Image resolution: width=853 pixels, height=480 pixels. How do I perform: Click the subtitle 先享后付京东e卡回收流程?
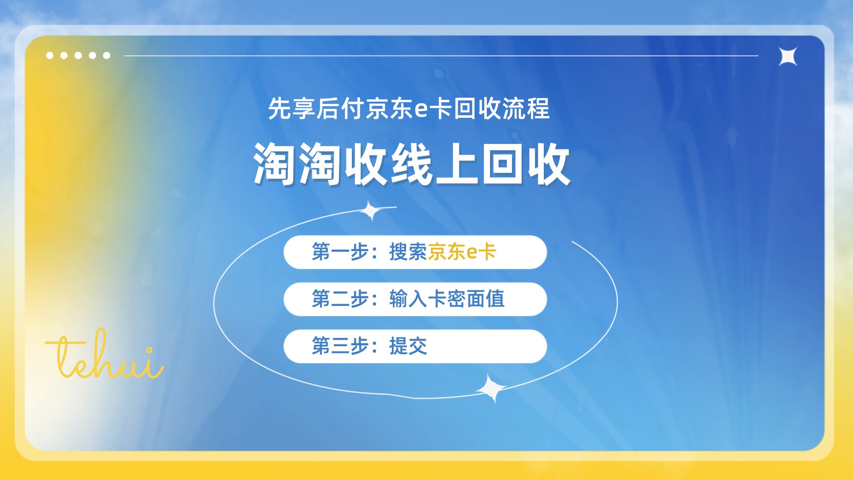(x=409, y=108)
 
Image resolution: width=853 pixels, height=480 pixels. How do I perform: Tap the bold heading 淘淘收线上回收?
(x=411, y=164)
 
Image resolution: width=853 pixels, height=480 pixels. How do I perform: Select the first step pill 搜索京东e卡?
(x=415, y=252)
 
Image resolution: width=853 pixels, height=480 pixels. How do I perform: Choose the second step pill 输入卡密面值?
(x=415, y=299)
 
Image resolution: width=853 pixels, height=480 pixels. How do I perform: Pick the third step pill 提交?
(x=415, y=346)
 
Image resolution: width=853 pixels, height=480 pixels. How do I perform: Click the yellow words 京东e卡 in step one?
(x=462, y=252)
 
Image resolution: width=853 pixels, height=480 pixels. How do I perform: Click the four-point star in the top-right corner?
(x=788, y=56)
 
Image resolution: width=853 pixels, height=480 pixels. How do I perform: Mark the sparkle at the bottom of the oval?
(x=492, y=388)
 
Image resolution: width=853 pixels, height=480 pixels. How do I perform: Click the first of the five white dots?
(x=50, y=56)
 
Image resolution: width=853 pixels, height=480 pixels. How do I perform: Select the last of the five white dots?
(x=107, y=56)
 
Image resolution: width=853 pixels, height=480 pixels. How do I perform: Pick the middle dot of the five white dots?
(x=78, y=56)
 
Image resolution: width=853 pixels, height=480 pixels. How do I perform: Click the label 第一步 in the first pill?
(x=340, y=252)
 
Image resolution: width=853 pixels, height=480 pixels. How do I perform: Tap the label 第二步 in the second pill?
(x=340, y=299)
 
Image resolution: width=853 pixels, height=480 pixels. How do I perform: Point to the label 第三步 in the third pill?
(x=340, y=346)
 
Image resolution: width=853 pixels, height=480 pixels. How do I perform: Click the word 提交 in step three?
(x=408, y=346)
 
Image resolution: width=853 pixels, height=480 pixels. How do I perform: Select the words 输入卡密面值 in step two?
(x=447, y=299)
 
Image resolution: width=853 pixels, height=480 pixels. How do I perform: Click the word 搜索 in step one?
(x=408, y=252)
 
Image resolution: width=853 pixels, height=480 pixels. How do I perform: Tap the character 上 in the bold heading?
(x=457, y=164)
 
